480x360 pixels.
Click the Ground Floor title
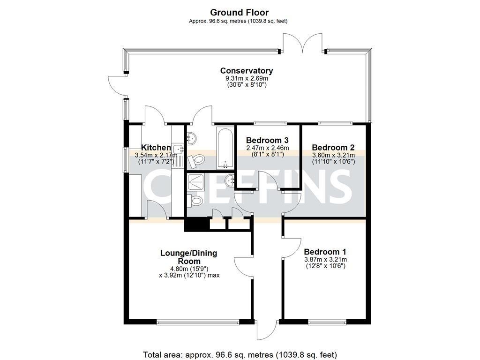[240, 13]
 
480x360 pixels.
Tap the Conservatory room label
[247, 71]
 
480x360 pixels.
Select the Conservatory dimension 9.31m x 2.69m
[247, 78]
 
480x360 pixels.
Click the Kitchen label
[156, 148]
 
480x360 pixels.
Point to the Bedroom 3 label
[267, 140]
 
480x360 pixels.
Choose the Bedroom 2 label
[333, 147]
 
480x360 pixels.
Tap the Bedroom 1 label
[325, 252]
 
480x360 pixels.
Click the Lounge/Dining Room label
[189, 257]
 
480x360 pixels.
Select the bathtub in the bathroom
[225, 148]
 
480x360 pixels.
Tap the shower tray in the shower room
[196, 182]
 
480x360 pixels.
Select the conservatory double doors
[302, 43]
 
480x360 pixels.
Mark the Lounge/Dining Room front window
[198, 322]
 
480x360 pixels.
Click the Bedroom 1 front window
[327, 322]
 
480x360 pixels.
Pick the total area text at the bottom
[240, 355]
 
